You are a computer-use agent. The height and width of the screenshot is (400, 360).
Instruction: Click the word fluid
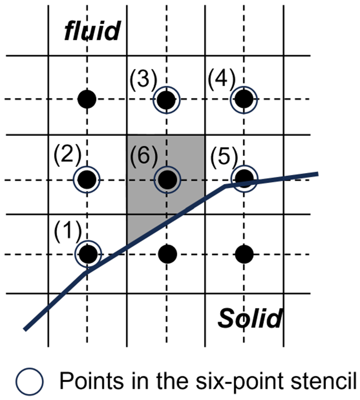click(92, 31)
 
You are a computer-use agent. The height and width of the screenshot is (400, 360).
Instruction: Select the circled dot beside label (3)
click(166, 100)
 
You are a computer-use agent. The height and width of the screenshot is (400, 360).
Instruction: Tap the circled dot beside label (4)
click(244, 100)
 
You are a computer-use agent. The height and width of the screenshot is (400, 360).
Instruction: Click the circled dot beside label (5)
click(244, 178)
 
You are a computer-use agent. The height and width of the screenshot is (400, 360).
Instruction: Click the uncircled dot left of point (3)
click(87, 100)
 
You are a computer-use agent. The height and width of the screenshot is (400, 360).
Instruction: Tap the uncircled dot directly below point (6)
click(167, 253)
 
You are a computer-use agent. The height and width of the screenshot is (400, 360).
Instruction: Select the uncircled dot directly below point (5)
click(244, 253)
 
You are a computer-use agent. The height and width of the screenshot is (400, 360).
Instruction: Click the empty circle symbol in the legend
click(30, 383)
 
